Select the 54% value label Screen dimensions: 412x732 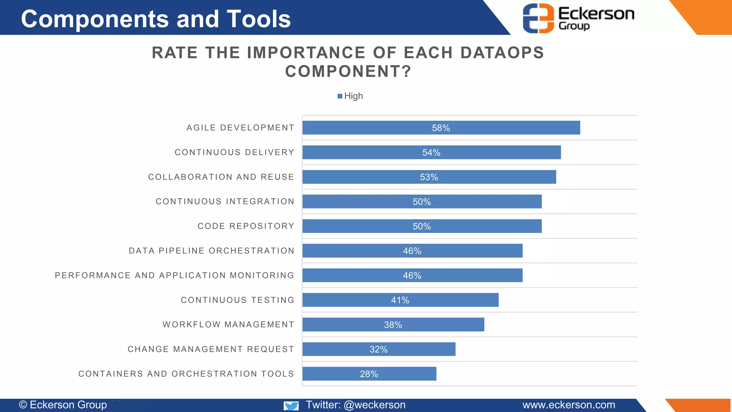pyautogui.click(x=431, y=153)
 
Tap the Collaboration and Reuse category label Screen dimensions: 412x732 pyautogui.click(x=221, y=177)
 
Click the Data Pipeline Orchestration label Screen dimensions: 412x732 pyautogui.click(x=212, y=251)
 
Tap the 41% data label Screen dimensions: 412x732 pyautogui.click(x=400, y=300)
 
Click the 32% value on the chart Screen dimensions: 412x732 pyautogui.click(x=379, y=349)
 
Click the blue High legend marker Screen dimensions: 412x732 pyautogui.click(x=340, y=96)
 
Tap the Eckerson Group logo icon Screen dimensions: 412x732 pyautogui.click(x=538, y=18)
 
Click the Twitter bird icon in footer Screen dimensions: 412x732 pyautogui.click(x=291, y=406)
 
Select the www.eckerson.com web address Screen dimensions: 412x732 pyautogui.click(x=569, y=405)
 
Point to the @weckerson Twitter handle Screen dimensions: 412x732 pyautogui.click(x=374, y=405)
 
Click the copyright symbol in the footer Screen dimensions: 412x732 pyautogui.click(x=23, y=405)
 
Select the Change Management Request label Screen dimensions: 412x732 pyautogui.click(x=211, y=349)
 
